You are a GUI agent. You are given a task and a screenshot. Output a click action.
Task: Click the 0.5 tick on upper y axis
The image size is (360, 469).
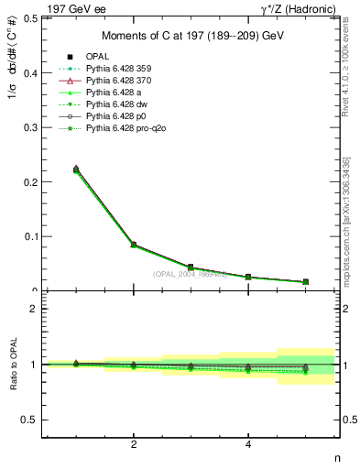point(31,17)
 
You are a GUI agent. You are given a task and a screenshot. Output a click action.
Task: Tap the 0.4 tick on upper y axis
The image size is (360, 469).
point(31,72)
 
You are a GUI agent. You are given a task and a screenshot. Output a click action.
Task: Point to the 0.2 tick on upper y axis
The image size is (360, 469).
point(31,181)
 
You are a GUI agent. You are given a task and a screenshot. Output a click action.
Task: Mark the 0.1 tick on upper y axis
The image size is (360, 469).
point(31,236)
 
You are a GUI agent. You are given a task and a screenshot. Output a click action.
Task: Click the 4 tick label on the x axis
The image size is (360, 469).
point(249,444)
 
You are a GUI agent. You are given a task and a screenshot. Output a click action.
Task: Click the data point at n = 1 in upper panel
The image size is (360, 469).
point(76,169)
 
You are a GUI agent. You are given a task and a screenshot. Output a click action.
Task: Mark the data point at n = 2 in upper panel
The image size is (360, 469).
point(134,245)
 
